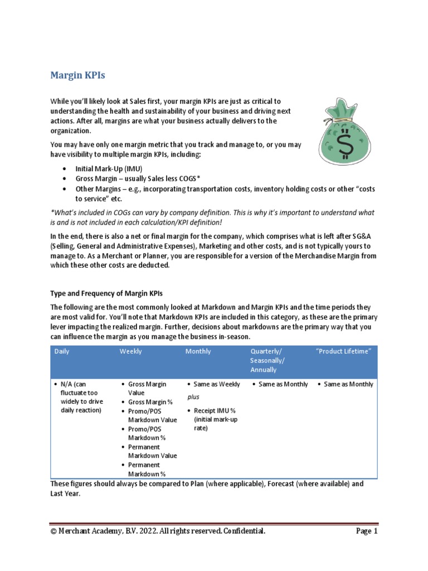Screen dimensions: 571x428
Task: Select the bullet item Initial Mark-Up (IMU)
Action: pyautogui.click(x=108, y=168)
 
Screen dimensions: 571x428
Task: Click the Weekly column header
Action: pyautogui.click(x=131, y=351)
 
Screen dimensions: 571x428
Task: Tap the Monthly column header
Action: pyautogui.click(x=198, y=351)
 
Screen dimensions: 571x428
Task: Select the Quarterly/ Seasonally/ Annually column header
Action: pyautogui.click(x=267, y=360)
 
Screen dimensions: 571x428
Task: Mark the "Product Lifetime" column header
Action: pyautogui.click(x=343, y=351)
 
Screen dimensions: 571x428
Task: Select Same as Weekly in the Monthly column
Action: pyautogui.click(x=217, y=384)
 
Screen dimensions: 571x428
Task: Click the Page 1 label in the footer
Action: pyautogui.click(x=367, y=531)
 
